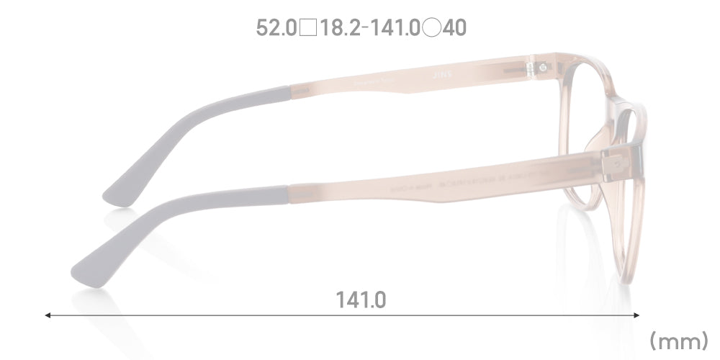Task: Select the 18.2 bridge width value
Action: click(341, 28)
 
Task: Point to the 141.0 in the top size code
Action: click(395, 28)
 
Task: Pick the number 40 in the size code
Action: click(455, 28)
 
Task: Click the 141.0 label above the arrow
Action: click(361, 299)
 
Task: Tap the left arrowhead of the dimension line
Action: click(48, 315)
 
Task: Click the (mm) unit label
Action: click(679, 339)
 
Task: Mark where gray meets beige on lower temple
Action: click(289, 195)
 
